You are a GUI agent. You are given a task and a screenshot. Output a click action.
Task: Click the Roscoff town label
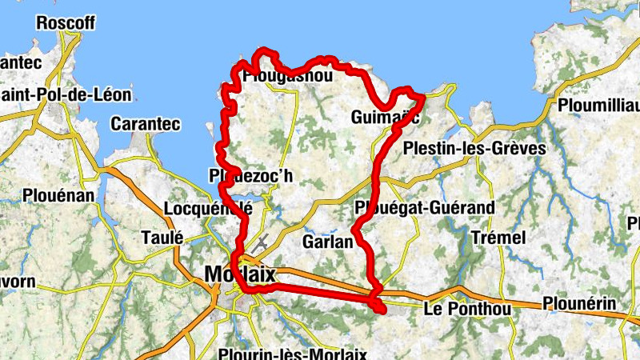pos(65,22)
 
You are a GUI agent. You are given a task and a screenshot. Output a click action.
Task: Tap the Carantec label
pos(146,124)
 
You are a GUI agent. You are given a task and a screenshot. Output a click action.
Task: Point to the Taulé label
pos(162,237)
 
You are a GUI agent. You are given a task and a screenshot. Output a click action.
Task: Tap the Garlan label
pos(328,240)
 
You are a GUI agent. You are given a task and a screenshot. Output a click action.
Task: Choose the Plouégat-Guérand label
pos(424,207)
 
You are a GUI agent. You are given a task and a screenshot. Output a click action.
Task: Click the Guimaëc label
pos(385,118)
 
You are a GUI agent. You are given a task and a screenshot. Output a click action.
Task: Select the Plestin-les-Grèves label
pos(474,149)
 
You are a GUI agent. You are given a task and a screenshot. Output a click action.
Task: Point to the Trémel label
pos(498,238)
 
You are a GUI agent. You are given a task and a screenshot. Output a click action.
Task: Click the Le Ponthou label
pos(467,309)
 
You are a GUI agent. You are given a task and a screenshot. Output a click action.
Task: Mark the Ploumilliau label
pos(599,106)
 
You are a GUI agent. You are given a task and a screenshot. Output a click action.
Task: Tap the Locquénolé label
pos(207,209)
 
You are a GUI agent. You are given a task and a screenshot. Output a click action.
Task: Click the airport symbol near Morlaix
pos(261,241)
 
